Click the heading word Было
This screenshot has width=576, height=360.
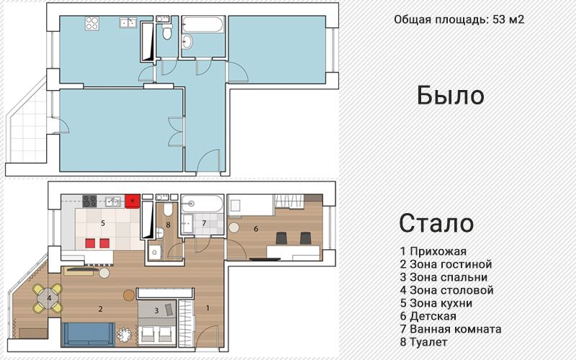(450, 95)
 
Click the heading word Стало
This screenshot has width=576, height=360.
(436, 223)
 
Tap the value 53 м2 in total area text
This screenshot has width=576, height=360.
(508, 19)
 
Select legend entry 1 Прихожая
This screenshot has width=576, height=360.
(433, 251)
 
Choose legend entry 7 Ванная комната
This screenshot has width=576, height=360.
(451, 329)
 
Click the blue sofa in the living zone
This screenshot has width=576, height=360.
(86, 333)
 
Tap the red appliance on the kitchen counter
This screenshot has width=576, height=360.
(133, 200)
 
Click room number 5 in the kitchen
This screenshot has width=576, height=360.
(103, 223)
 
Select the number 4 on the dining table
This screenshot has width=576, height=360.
(48, 297)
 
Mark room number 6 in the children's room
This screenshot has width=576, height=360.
(256, 229)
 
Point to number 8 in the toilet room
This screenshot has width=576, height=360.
(168, 225)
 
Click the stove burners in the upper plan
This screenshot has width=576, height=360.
(94, 23)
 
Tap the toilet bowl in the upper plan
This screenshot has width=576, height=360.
(166, 32)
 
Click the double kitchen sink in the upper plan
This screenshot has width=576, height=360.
(128, 22)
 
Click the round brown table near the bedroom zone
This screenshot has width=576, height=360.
(129, 294)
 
